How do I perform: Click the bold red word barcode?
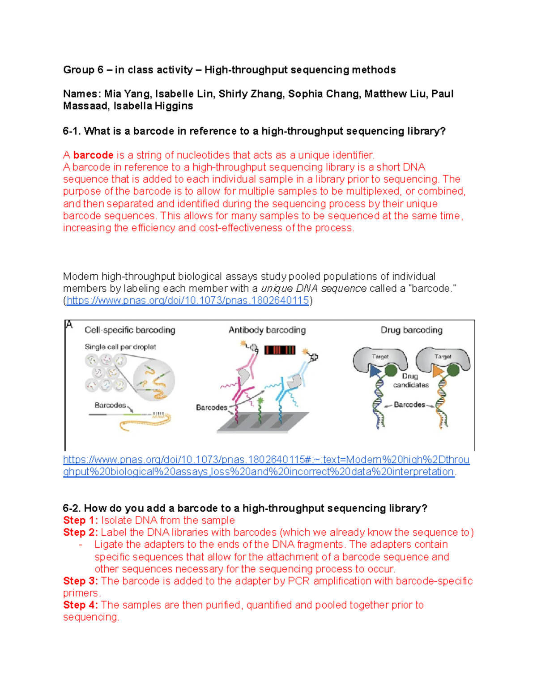(x=93, y=155)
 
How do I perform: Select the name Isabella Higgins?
(x=153, y=106)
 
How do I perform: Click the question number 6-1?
(x=72, y=131)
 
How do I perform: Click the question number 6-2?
(x=72, y=508)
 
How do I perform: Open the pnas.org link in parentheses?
(x=188, y=301)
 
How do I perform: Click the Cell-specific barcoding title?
(x=130, y=330)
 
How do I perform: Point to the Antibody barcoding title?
(x=267, y=330)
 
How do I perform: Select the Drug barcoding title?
(x=411, y=330)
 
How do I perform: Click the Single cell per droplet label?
(x=120, y=347)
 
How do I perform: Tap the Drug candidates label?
(x=410, y=380)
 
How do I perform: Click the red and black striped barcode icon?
(x=280, y=350)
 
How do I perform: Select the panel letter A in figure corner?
(x=69, y=325)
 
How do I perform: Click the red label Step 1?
(x=81, y=520)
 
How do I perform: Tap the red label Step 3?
(x=81, y=581)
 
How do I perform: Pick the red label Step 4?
(x=81, y=605)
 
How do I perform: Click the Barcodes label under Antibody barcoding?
(x=211, y=408)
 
